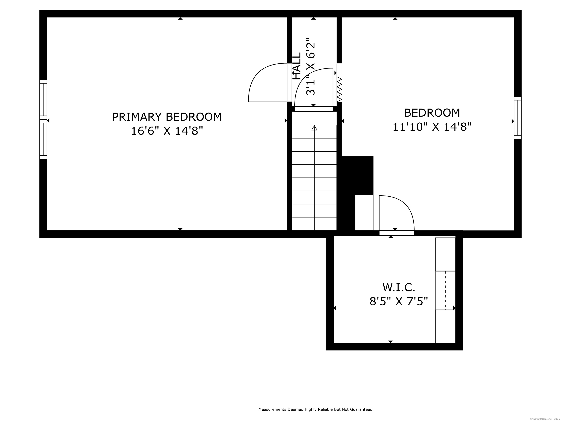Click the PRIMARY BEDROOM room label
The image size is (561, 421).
coord(167,117)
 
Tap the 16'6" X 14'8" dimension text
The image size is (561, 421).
coord(167,131)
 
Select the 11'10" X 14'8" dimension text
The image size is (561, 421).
coord(432,127)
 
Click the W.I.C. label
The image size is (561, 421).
coord(399,287)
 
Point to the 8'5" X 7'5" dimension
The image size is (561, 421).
coord(399,302)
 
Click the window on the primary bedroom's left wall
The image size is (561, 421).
coord(43,120)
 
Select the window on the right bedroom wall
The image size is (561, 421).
coord(518,118)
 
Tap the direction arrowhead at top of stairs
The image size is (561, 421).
coord(314,128)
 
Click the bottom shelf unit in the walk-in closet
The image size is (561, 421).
coord(445,326)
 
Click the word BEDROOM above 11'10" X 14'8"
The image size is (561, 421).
coord(432,113)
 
